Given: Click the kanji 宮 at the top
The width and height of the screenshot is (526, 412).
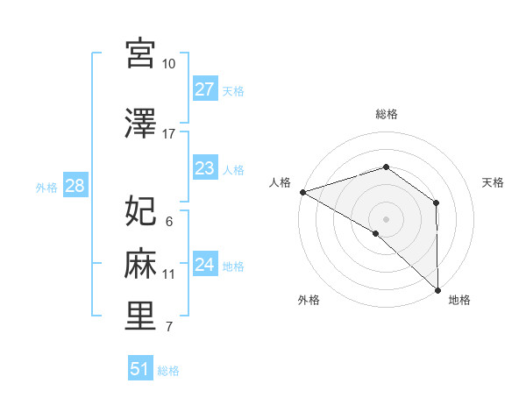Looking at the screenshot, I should tap(140, 54).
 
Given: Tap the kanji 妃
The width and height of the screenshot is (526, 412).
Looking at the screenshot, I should tap(140, 211).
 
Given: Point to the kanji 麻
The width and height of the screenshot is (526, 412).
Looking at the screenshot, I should tap(140, 264).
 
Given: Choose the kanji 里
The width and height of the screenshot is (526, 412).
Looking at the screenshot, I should tap(140, 316).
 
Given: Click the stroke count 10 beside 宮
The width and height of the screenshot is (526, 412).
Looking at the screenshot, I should tap(169, 64).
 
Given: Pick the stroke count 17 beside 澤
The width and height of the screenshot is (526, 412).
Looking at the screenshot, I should tap(169, 134).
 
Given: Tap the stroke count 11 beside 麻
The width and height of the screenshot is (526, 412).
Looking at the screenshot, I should tap(169, 274).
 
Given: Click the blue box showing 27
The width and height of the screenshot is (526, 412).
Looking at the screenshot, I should tap(204, 89).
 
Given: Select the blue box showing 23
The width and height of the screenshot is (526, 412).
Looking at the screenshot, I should tap(204, 168).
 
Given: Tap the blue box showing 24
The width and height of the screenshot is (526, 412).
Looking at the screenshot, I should tap(204, 264).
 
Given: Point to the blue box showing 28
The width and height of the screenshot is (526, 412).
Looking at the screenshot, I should tap(75, 185).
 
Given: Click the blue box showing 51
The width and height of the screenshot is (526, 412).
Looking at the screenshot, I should tap(139, 369).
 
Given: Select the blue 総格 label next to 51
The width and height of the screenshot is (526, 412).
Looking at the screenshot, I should tap(168, 371).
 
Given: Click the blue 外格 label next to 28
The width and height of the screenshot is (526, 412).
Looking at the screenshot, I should tap(46, 187).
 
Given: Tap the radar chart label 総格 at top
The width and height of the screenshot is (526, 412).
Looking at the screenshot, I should tap(387, 114).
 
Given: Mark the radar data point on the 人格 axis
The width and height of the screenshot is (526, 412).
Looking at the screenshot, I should tap(302, 192).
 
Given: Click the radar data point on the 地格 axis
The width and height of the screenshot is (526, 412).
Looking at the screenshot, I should tap(437, 288).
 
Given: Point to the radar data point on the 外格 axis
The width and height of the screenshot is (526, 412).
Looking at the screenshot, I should tap(376, 233).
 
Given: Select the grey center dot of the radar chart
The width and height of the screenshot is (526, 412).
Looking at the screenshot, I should tap(387, 218).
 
